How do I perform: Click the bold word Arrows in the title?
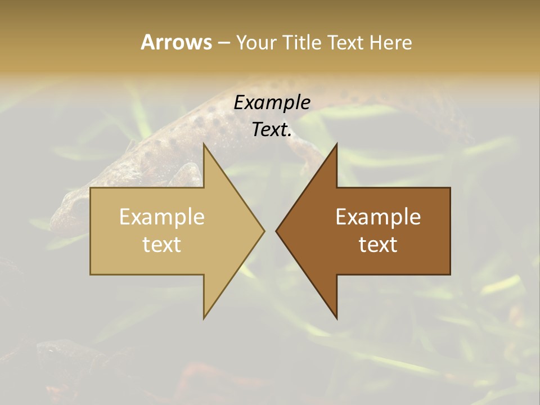point(176,42)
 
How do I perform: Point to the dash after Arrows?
point(223,43)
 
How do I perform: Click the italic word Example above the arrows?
point(272,103)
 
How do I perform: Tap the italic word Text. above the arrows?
point(272,130)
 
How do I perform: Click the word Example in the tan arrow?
point(162,217)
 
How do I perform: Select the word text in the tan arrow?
point(162,245)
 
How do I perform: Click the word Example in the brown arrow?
point(378,217)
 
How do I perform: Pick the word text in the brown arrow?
point(378,245)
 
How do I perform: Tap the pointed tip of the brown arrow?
point(277,231)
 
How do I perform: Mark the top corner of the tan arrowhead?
point(204,145)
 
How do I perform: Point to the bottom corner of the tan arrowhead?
point(204,317)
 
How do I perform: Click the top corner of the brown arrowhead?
point(336,145)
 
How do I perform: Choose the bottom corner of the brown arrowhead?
point(336,317)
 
